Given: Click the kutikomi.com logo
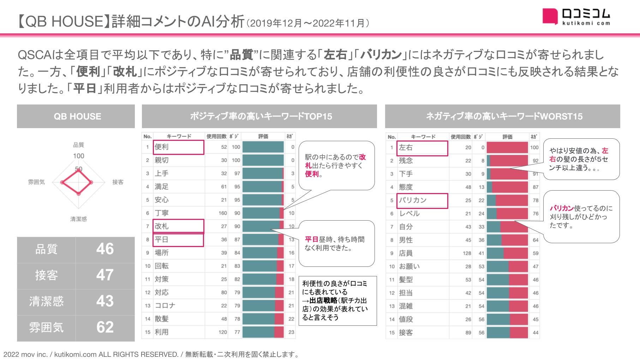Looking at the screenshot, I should [x=576, y=16].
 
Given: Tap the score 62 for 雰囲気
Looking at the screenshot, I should [x=105, y=327].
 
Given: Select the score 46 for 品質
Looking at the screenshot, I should [x=105, y=249].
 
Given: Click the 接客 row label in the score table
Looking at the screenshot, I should [x=46, y=275].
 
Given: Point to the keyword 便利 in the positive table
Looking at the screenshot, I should [x=162, y=147].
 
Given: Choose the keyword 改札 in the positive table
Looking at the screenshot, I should [x=162, y=226].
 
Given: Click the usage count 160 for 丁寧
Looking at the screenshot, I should [x=222, y=213].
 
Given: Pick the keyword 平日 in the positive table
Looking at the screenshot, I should [x=161, y=240].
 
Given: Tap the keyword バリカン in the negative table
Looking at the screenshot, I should [x=413, y=200].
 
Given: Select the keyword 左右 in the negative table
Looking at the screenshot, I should [x=406, y=148].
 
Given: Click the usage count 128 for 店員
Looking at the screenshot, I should [x=467, y=253].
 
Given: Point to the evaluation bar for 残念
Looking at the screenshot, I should [x=507, y=161].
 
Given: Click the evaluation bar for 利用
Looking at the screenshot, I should [x=263, y=332].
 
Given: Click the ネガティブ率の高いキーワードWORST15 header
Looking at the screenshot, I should [x=504, y=116].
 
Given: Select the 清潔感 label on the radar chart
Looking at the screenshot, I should [x=78, y=219].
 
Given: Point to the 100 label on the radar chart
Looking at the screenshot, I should [x=78, y=156].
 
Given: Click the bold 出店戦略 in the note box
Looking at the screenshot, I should [x=323, y=301].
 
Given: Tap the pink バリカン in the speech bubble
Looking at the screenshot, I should [x=562, y=208].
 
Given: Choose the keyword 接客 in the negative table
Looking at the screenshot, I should [x=406, y=333].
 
